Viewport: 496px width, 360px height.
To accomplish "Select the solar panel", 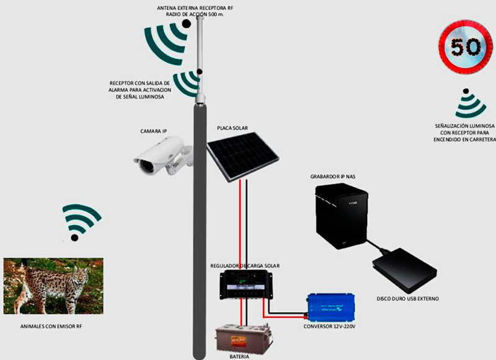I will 243,157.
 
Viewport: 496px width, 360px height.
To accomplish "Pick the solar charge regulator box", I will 246,284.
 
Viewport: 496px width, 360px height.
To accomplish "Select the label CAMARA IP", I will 154,131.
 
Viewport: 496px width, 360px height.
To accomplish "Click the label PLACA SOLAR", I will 232,128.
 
